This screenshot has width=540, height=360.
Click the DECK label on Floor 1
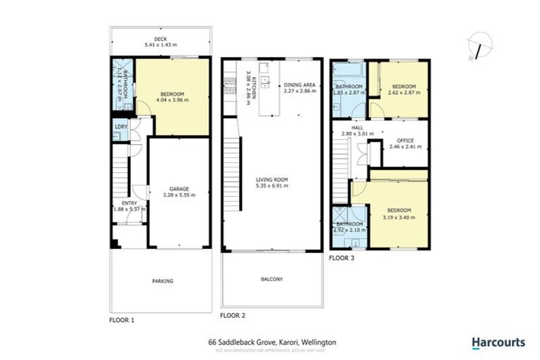click(160, 39)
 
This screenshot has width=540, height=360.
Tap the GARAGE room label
click(179, 188)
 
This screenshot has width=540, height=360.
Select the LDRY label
click(120, 127)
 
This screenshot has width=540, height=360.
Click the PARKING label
click(162, 281)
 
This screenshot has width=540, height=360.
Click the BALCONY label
click(272, 279)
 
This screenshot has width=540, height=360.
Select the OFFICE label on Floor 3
click(406, 140)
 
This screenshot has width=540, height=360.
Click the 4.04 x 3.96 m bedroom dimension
click(172, 100)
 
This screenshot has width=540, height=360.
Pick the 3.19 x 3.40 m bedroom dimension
click(399, 217)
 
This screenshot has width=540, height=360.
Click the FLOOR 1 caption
click(122, 319)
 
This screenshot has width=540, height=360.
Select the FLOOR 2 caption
click(232, 316)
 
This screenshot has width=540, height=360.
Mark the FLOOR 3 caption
click(342, 258)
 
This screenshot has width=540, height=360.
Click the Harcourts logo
click(498, 343)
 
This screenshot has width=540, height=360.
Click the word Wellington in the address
click(320, 342)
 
